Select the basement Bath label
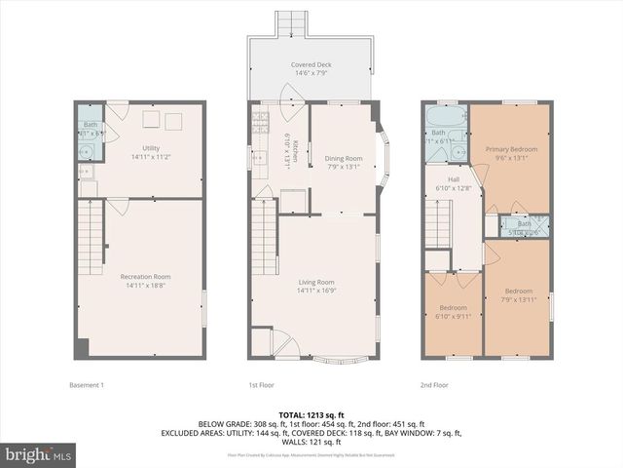point(90,125)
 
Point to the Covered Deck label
point(311,65)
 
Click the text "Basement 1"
point(87,384)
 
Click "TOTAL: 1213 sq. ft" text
point(311,415)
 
